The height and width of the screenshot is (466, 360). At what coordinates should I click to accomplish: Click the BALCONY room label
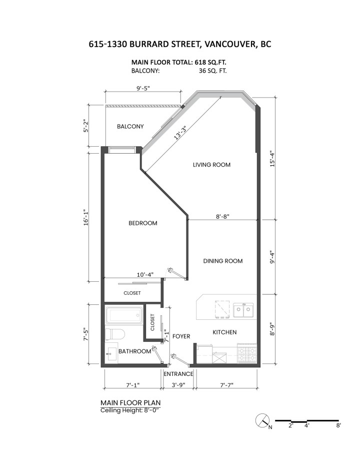130,127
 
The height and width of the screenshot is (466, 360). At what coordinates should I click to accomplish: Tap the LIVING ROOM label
211,165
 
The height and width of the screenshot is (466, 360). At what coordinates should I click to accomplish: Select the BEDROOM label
142,223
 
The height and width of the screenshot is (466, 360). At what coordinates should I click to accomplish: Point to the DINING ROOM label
222,261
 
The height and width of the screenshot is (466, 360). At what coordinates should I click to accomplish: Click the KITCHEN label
224,332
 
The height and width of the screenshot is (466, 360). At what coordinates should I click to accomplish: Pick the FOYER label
181,336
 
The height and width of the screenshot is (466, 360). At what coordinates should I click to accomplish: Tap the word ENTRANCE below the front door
178,374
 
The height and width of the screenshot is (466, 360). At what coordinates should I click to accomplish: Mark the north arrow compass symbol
262,421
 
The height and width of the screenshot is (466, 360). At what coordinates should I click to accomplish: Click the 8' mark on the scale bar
338,425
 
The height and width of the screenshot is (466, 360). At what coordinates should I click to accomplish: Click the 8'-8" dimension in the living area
222,217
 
